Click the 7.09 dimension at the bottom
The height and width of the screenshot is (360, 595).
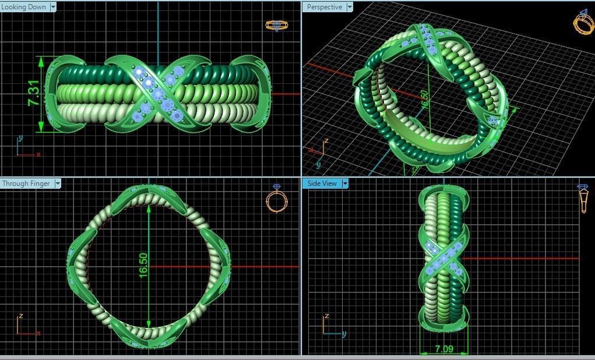tap(443, 350)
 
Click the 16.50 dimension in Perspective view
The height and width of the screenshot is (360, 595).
tap(424, 98)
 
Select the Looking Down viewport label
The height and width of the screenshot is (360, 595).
tap(24, 7)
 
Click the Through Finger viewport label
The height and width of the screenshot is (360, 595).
tap(26, 183)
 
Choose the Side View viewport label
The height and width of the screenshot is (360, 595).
tap(322, 183)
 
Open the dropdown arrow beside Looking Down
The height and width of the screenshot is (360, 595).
tap(53, 7)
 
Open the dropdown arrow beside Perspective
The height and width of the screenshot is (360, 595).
tap(349, 7)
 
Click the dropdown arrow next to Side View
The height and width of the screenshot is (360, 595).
tap(345, 183)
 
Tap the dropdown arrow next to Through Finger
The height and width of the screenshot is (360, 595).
tap(57, 183)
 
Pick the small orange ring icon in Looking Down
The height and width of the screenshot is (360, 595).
tap(274, 25)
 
